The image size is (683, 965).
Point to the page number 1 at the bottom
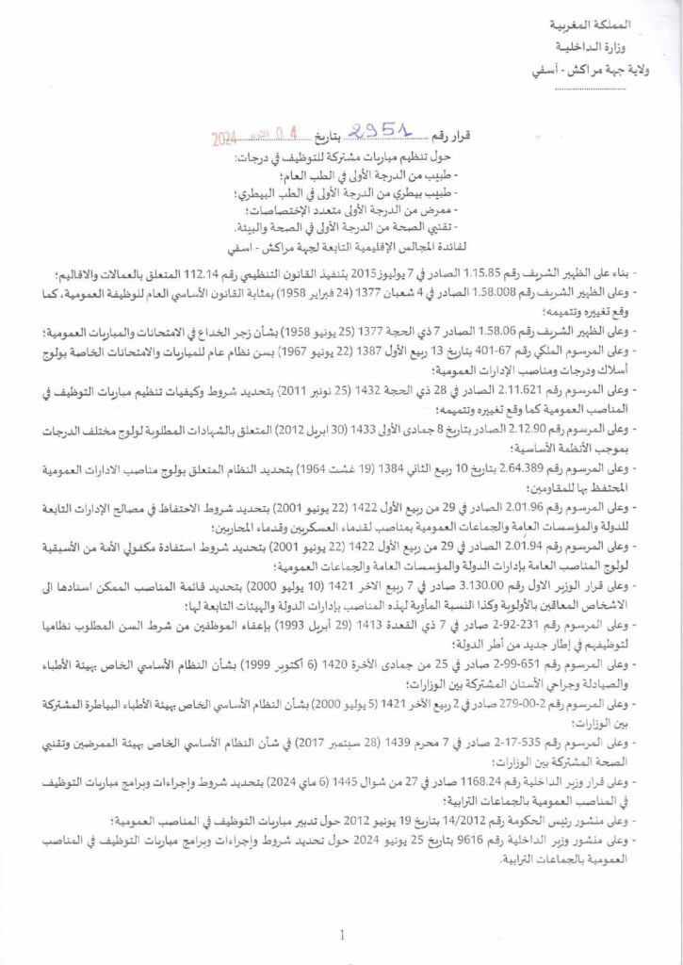(341, 935)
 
